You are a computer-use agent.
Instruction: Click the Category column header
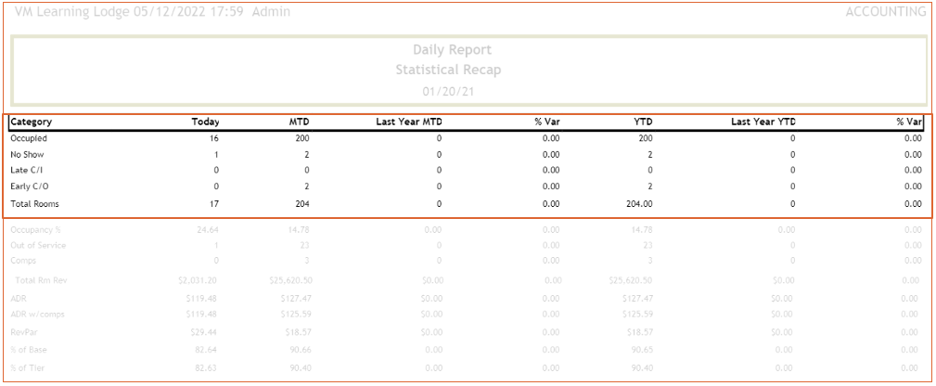32,122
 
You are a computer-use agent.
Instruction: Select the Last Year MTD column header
408,122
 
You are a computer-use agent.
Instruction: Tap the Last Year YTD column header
763,122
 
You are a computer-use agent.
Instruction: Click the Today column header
205,122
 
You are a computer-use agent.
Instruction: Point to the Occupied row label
28,138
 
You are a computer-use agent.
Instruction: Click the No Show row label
28,154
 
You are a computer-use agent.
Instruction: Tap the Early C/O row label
29,187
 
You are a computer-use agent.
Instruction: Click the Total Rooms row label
33,203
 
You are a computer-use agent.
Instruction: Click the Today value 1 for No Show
215,154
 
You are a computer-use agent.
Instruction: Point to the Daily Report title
452,50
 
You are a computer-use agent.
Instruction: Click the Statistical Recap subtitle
452,70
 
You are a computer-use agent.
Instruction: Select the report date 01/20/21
452,92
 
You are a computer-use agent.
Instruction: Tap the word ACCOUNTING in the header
885,12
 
